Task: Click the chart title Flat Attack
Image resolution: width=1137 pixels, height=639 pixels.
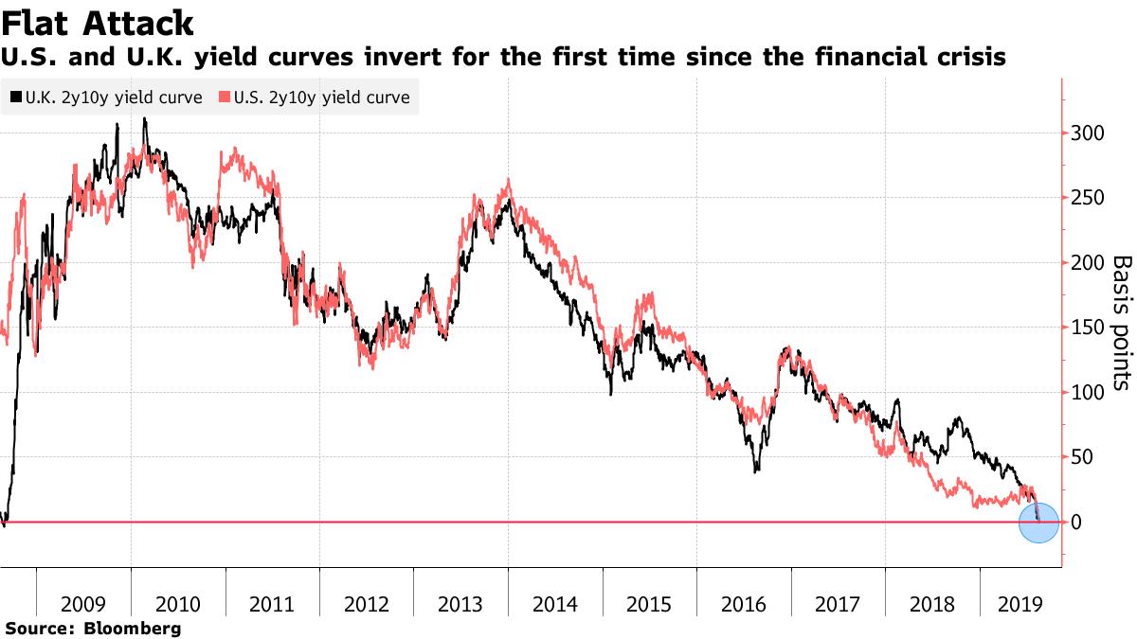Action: coord(98,23)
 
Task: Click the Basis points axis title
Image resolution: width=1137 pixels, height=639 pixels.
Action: coord(1121,323)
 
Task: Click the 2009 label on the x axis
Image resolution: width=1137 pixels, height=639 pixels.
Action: coord(83,604)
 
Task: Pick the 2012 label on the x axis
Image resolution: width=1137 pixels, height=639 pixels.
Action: coord(367,604)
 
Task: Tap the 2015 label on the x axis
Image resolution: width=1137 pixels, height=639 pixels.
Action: coord(650,604)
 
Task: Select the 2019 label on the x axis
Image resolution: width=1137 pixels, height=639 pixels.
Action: coord(1021,604)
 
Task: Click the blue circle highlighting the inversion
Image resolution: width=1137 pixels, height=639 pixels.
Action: coord(1038,524)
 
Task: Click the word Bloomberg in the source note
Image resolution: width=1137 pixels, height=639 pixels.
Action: coord(133,628)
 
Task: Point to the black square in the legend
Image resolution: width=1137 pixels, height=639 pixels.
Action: coord(15,98)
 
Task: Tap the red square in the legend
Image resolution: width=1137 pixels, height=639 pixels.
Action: coord(225,98)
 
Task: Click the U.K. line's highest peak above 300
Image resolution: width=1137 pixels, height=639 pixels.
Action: coord(144,119)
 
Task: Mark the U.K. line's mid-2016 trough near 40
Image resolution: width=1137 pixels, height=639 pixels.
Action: coord(756,470)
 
